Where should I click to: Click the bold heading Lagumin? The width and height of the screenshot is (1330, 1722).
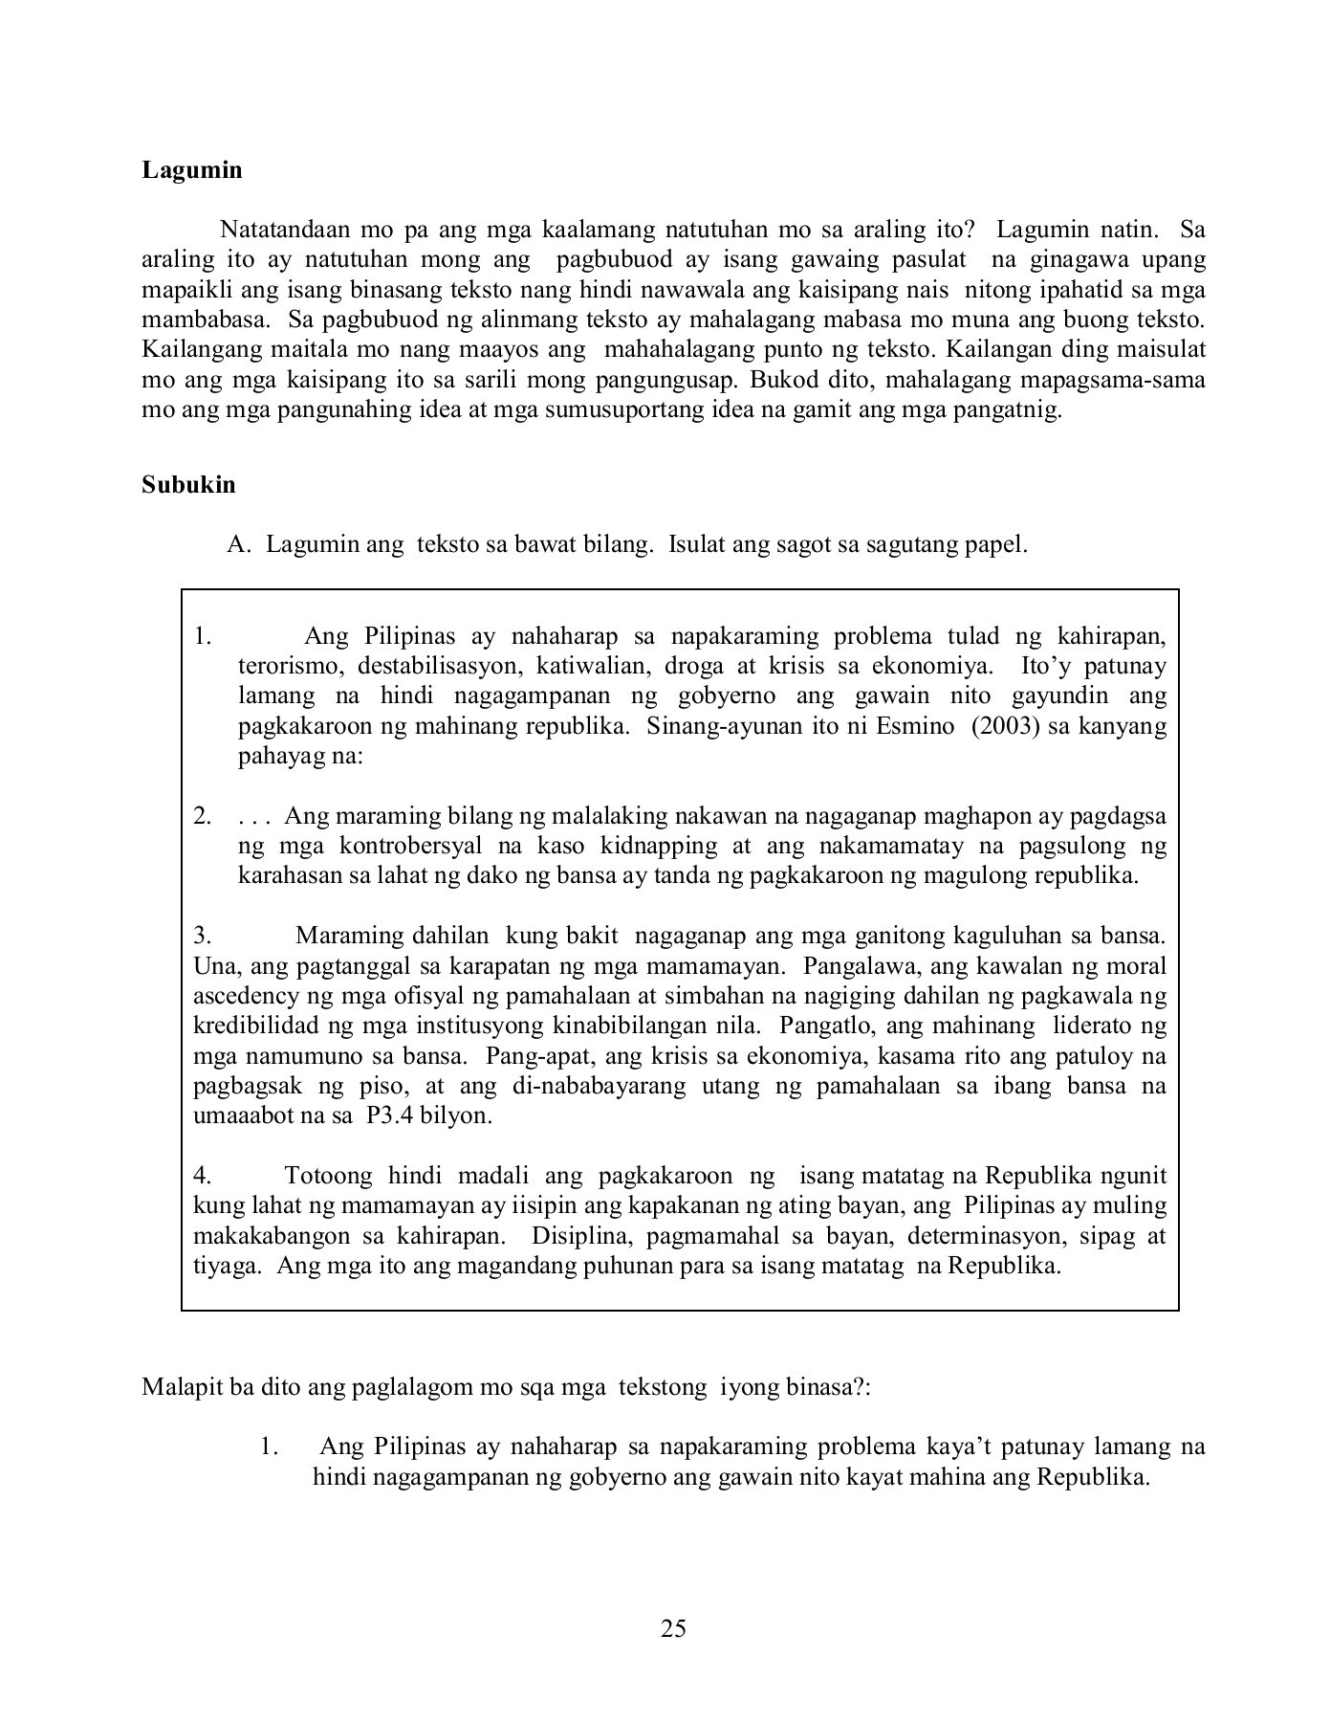click(192, 170)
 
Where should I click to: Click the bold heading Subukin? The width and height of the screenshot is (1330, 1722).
click(188, 485)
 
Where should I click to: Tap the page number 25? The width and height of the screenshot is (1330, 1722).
click(673, 1629)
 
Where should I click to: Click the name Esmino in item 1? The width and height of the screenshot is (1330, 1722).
click(919, 726)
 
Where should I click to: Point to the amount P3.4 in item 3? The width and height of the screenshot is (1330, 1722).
click(388, 1116)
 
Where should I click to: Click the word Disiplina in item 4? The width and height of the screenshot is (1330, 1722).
click(578, 1236)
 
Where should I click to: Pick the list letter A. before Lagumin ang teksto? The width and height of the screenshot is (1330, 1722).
click(239, 545)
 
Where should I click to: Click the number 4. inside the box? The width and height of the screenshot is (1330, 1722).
click(202, 1176)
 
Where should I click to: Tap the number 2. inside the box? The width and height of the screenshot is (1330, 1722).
click(202, 817)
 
